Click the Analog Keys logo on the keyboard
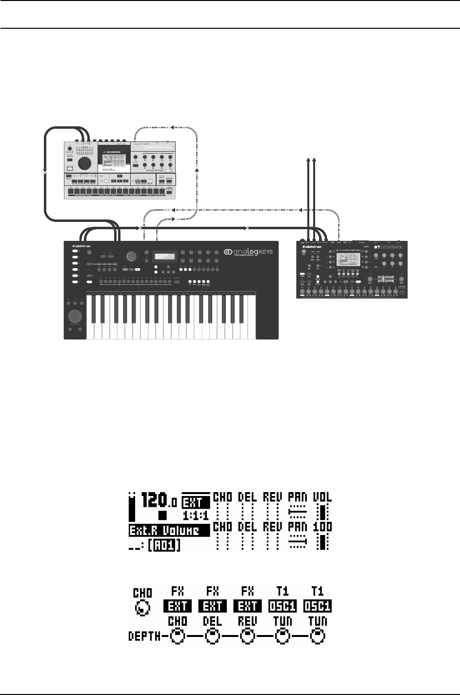point(248,252)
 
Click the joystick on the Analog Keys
point(76,315)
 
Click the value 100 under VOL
point(322,527)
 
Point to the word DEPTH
point(144,636)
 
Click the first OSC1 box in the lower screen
point(282,606)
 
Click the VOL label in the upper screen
point(322,497)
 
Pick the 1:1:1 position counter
point(196,515)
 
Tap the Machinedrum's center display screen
point(113,159)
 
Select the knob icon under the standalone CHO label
point(142,608)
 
